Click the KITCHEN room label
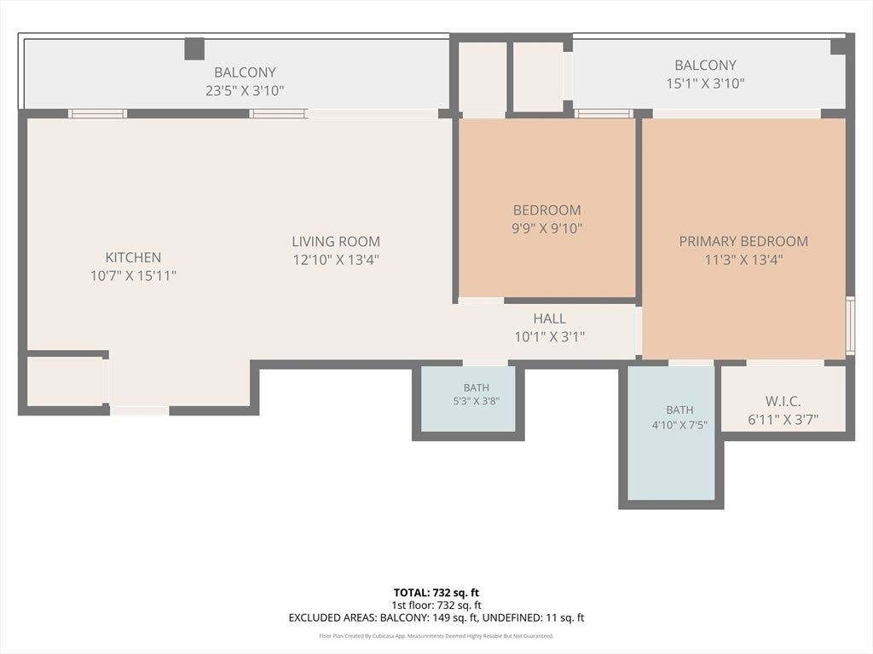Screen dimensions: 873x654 pos(133,257)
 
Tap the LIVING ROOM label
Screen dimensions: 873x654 pos(336,242)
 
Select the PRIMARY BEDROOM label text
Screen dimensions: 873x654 pos(743,241)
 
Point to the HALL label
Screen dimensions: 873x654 pos(550,318)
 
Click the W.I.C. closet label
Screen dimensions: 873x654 pos(783,401)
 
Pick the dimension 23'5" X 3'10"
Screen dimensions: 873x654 pos(245,90)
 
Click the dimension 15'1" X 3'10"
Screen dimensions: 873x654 pos(705,83)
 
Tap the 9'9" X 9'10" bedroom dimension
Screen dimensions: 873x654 pos(546,228)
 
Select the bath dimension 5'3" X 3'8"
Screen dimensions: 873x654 pos(476,401)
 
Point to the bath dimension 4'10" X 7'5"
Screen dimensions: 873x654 pos(679,426)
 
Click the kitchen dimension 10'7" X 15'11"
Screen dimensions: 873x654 pos(133,275)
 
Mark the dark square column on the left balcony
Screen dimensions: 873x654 pos(194,49)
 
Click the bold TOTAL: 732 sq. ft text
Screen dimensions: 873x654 pos(436,593)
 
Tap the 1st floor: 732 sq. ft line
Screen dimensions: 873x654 pos(436,605)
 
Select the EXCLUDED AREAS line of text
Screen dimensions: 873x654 pos(436,617)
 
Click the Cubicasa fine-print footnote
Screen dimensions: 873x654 pos(436,635)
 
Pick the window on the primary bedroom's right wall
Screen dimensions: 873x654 pos(850,326)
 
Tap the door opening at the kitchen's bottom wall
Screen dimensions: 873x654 pos(140,411)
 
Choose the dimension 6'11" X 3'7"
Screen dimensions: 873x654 pos(783,420)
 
